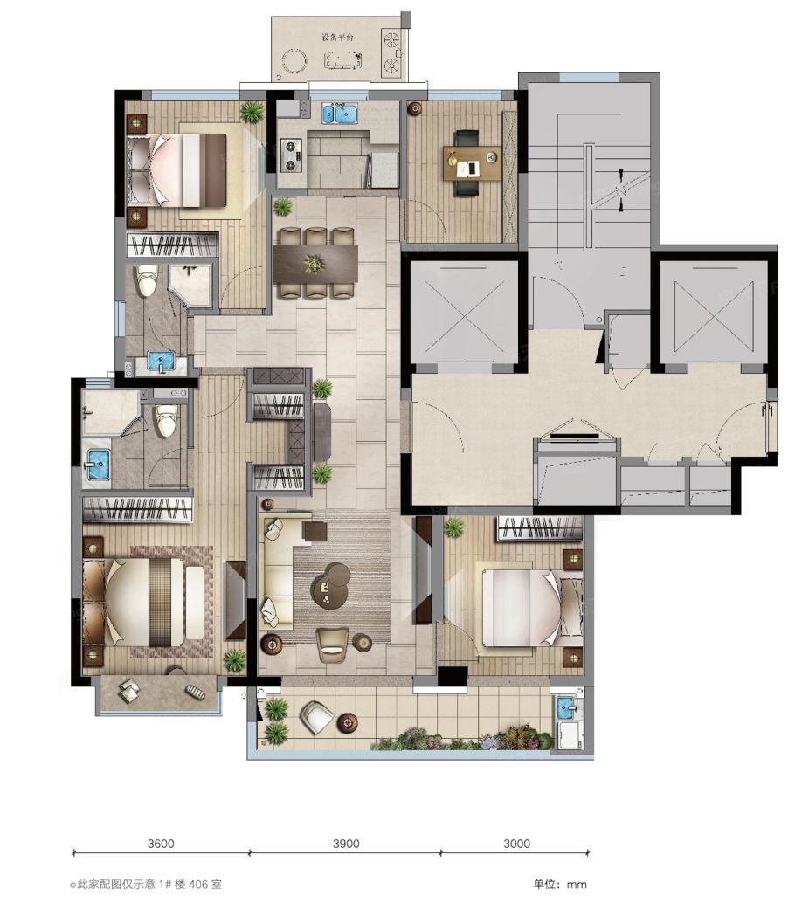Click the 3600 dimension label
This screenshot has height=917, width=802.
pyautogui.click(x=161, y=844)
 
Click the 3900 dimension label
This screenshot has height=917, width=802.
pyautogui.click(x=346, y=844)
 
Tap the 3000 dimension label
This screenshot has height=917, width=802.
pyautogui.click(x=516, y=844)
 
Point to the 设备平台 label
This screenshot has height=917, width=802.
pyautogui.click(x=338, y=38)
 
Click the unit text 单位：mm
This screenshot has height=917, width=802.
pyautogui.click(x=560, y=884)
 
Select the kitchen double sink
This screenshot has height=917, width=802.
pyautogui.click(x=341, y=114)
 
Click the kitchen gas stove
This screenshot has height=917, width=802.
pyautogui.click(x=291, y=155)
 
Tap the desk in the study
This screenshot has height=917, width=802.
pyautogui.click(x=472, y=162)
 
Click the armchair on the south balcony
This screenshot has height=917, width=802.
pyautogui.click(x=316, y=716)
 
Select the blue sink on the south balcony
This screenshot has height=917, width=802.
pyautogui.click(x=565, y=707)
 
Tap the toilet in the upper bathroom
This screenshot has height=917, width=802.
pyautogui.click(x=146, y=281)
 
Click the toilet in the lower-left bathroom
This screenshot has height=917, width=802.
pyautogui.click(x=166, y=419)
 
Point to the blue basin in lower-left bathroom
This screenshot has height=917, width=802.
pyautogui.click(x=99, y=465)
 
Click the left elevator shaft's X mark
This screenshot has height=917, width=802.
pyautogui.click(x=465, y=317)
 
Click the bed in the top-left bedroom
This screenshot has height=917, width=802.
pyautogui.click(x=176, y=170)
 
